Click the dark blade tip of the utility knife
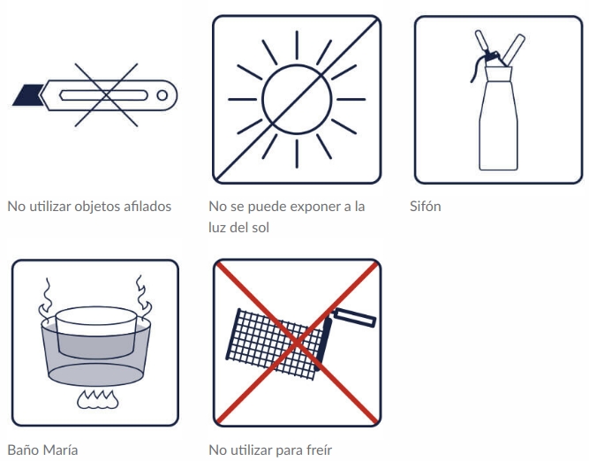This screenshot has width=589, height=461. [x=27, y=95]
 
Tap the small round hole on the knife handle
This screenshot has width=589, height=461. [x=162, y=95]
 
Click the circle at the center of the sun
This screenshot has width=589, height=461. [x=297, y=99]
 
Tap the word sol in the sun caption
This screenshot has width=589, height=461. [x=261, y=228]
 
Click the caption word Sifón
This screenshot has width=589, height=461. [x=426, y=207]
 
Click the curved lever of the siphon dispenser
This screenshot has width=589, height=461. [x=478, y=68]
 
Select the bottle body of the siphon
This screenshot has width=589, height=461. [x=498, y=119]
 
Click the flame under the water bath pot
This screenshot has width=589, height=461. [x=98, y=400]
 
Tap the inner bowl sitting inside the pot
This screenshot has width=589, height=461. [x=95, y=333]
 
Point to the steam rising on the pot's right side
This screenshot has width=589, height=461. [x=143, y=298]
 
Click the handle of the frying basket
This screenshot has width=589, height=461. [x=354, y=318]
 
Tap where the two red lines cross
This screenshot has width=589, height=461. [x=297, y=343]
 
